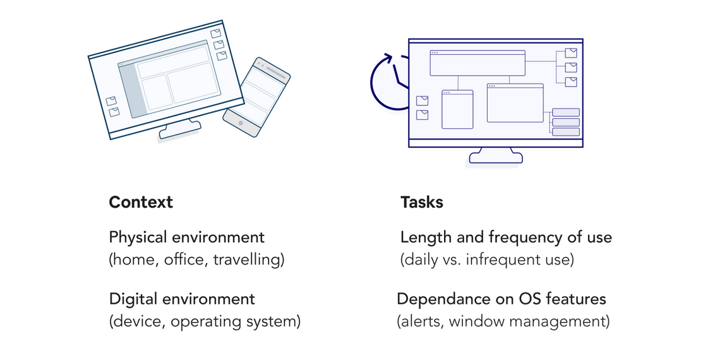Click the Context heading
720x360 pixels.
[x=140, y=202]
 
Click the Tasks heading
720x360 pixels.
[x=421, y=202]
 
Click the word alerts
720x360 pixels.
[x=421, y=321]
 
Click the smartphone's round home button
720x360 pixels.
[x=241, y=123]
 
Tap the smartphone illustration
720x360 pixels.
[x=256, y=96]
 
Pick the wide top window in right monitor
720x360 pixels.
[x=477, y=63]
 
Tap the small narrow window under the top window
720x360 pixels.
[x=457, y=109]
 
